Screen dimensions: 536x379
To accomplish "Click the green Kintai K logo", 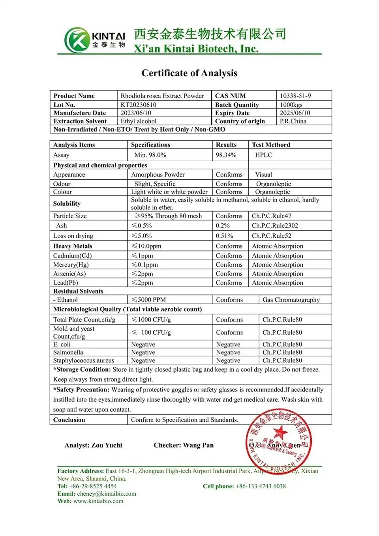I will pyautogui.click(x=77, y=40).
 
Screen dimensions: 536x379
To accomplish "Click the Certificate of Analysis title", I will pyautogui.click(x=189, y=73).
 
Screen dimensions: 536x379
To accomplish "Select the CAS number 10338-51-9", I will pyautogui.click(x=295, y=96).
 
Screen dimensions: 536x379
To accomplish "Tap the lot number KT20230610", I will pyautogui.click(x=139, y=105).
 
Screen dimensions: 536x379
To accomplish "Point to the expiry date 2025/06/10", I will pyautogui.click(x=295, y=113).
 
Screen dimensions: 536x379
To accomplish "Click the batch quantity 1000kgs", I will pyautogui.click(x=291, y=105).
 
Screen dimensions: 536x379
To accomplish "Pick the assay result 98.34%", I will pyautogui.click(x=226, y=155).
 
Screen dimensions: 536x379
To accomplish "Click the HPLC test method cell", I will pyautogui.click(x=264, y=155).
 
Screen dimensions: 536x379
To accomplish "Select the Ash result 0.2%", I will pyautogui.click(x=223, y=226).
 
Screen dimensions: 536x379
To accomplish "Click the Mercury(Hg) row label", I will pyautogui.click(x=71, y=265).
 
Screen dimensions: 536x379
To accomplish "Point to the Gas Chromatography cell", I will pyautogui.click(x=291, y=300).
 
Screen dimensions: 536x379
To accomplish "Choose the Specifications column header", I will pyautogui.click(x=150, y=145).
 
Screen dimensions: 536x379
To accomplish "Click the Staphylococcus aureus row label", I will pyautogui.click(x=84, y=360).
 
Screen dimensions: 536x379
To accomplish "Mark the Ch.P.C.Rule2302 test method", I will pyautogui.click(x=275, y=226).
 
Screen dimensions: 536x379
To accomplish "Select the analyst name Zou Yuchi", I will pyautogui.click(x=107, y=445).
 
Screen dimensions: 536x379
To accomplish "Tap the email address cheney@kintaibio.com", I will pyautogui.click(x=107, y=494).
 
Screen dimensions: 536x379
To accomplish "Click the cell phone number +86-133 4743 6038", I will pyautogui.click(x=261, y=486).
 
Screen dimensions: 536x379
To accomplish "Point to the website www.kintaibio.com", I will pyautogui.click(x=98, y=501).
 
